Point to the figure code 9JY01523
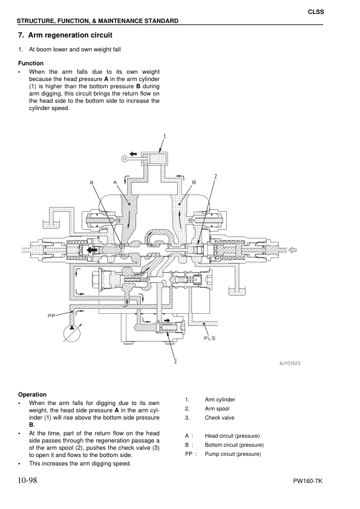coord(290,363)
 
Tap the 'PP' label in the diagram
coord(53,316)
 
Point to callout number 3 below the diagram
coord(175,361)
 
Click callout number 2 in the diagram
coord(215,176)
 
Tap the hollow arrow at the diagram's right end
coord(293,249)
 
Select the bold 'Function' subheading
coord(31,63)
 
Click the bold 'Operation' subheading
coord(33,394)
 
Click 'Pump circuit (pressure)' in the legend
coord(233,454)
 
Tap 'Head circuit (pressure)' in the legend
coord(232,436)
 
